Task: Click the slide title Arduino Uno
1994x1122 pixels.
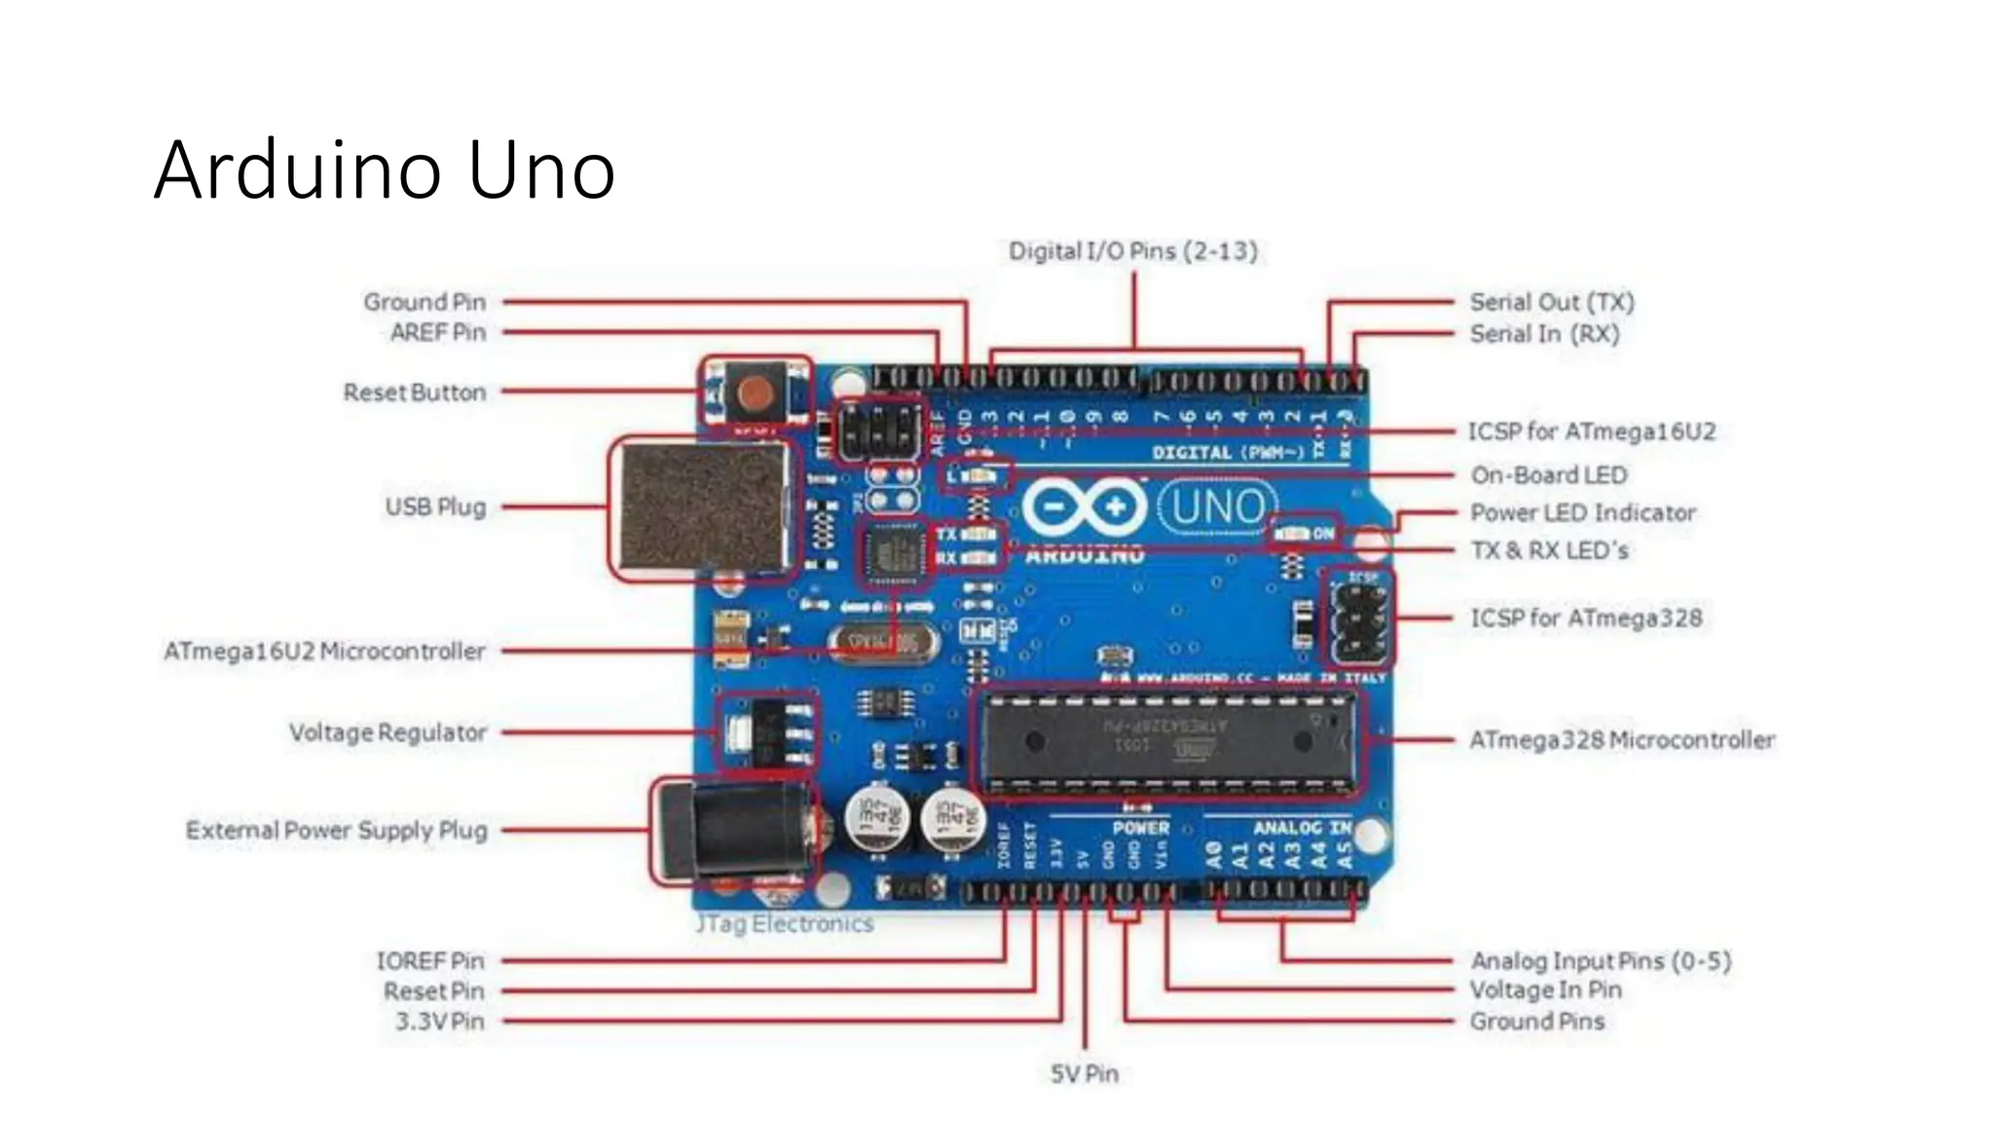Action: coord(385,170)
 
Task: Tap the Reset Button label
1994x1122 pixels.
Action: coord(414,393)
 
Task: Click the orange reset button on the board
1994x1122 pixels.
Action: coord(756,393)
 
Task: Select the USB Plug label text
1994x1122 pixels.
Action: coord(435,507)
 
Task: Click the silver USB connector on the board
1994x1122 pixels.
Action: coord(701,507)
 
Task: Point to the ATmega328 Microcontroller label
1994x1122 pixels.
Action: coord(1621,740)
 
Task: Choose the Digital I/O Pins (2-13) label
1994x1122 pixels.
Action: coord(1132,251)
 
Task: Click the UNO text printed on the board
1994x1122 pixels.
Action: coord(1217,507)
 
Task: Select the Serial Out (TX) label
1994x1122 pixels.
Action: coord(1551,302)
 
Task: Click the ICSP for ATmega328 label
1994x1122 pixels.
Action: coord(1585,618)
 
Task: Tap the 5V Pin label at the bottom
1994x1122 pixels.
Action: coord(1084,1074)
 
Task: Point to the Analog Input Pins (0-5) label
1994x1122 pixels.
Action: coord(1600,961)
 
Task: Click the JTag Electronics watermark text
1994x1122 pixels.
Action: coord(785,923)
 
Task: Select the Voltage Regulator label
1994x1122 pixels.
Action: coord(388,732)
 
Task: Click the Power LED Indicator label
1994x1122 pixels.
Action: coord(1582,513)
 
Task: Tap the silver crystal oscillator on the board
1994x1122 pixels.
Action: coord(884,642)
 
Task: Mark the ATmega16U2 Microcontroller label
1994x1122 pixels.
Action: coord(324,651)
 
